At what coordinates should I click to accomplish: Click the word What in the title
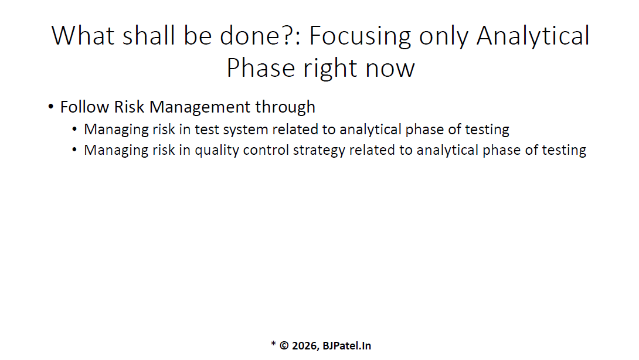pos(83,35)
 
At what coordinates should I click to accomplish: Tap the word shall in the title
pos(149,35)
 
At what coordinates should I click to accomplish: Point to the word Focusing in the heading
pos(361,37)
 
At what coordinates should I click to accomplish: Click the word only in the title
pos(443,37)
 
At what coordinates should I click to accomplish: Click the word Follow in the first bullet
pos(85,107)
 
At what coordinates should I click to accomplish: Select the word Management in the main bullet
pos(200,107)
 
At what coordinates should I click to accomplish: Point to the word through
pos(285,107)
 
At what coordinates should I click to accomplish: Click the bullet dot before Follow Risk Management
pos(50,107)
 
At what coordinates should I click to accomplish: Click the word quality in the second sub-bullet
pos(217,151)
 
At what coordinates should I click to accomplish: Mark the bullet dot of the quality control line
pos(74,150)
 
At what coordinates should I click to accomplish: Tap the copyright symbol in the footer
pos(284,346)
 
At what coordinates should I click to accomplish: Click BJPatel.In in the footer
pos(347,346)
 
